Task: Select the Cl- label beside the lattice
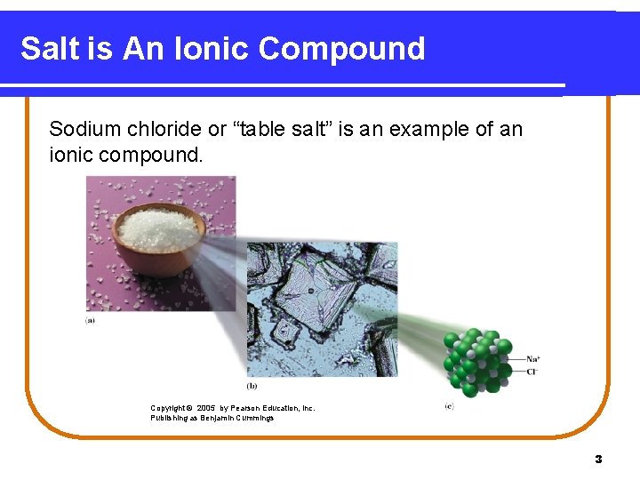point(532,371)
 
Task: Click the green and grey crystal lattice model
point(478,361)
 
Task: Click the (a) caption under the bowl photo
point(91,320)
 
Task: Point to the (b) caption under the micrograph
point(252,386)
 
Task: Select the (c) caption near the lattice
point(449,406)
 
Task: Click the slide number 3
point(598,460)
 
